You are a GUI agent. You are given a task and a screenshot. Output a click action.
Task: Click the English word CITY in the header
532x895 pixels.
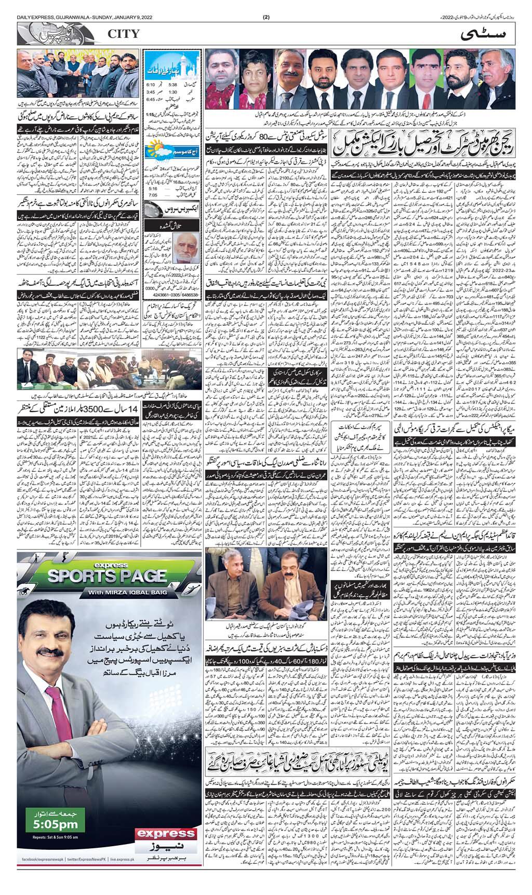(124, 34)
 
